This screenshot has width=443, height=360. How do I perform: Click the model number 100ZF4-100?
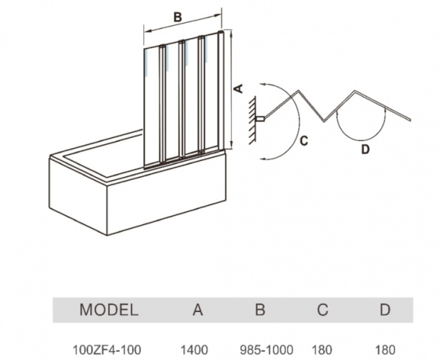click(108, 348)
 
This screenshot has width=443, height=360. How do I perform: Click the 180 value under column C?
click(323, 348)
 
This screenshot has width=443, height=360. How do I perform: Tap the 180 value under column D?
click(385, 348)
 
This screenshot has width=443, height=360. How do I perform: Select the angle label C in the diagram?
click(304, 141)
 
